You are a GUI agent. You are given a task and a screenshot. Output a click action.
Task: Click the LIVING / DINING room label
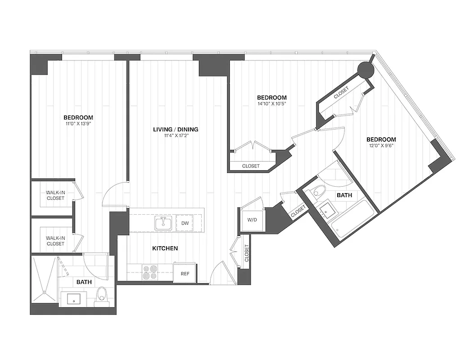[x=176, y=130]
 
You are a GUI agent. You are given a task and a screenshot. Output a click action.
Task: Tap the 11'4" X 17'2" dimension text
[x=176, y=136]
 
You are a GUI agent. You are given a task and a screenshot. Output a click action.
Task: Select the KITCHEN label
[x=165, y=248]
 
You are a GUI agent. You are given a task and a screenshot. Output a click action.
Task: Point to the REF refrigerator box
[x=185, y=273]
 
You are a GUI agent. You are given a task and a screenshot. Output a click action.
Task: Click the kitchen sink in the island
[x=163, y=223]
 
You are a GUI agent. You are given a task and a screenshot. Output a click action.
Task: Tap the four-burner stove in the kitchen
[x=150, y=272]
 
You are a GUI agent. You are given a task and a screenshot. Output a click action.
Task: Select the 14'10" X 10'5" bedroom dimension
[x=271, y=103]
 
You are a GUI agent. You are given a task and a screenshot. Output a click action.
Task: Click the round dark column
[x=365, y=69]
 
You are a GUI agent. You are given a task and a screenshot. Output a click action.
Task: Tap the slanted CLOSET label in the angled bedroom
[x=341, y=93]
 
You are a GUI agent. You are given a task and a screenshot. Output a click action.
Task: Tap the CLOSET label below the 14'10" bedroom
[x=251, y=166]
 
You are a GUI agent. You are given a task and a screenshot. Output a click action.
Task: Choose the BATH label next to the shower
[x=84, y=282]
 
